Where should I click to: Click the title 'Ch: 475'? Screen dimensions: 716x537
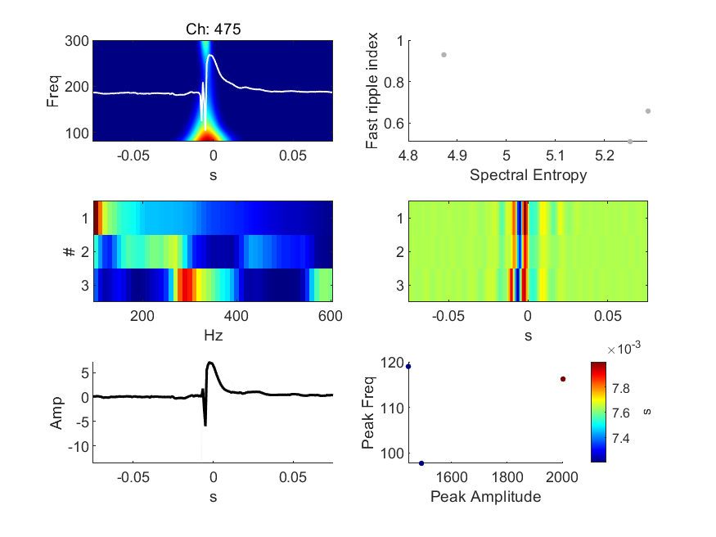214,29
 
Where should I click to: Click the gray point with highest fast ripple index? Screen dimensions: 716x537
444,55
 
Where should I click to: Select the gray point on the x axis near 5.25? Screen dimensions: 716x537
630,142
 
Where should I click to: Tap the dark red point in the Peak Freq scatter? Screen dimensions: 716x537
563,379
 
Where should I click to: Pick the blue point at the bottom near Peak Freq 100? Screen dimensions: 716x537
421,463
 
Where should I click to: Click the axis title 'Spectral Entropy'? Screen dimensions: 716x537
529,175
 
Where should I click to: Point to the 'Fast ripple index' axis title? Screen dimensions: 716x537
372,90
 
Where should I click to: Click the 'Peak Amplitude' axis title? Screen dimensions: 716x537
486,497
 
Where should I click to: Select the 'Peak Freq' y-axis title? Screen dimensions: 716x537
368,413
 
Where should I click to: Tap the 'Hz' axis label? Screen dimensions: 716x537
214,336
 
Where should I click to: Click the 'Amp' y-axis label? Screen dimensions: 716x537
56,413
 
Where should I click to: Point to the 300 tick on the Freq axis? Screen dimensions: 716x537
77,41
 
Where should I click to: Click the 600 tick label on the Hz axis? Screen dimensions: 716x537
330,316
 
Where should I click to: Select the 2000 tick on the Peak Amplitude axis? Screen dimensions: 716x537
562,477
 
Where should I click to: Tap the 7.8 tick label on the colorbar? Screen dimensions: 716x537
620,389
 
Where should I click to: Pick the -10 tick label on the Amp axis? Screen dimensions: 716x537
79,447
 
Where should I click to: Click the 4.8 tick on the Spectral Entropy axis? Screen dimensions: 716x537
408,156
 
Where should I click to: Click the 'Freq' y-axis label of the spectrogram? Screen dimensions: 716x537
53,91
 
